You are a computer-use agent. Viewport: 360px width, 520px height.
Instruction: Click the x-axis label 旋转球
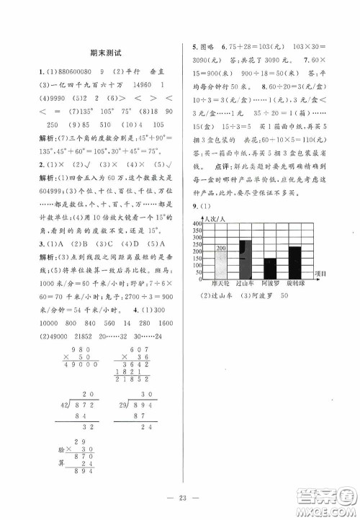[x=295, y=284]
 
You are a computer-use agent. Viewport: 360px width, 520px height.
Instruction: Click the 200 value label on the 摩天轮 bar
[x=220, y=248]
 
